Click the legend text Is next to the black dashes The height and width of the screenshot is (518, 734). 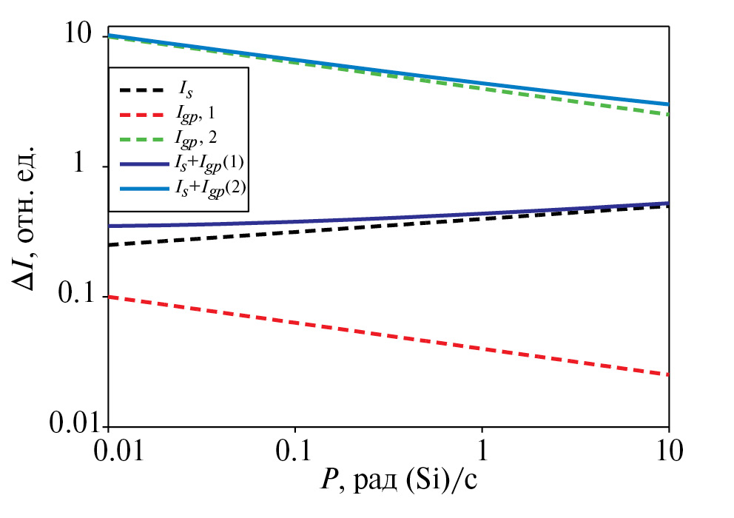click(183, 90)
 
